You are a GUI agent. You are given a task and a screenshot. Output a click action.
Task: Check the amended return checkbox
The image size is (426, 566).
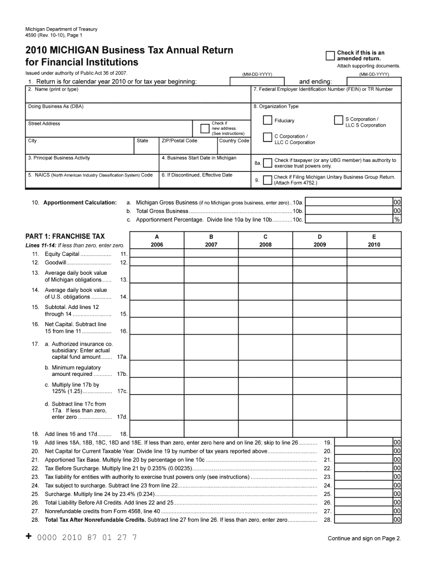[x=330, y=55]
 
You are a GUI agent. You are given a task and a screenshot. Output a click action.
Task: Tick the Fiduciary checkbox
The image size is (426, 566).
[x=268, y=120]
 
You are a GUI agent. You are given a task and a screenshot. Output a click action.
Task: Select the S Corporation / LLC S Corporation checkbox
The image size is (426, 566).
[x=339, y=120]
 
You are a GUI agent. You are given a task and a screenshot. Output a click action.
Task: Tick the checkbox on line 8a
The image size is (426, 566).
[x=268, y=163]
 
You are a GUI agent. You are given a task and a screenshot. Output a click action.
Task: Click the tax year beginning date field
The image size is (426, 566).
[x=257, y=81]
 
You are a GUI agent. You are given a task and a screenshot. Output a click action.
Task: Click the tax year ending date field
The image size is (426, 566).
[x=373, y=81]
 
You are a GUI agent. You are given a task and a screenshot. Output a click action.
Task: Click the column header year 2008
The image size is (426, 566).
[x=266, y=244]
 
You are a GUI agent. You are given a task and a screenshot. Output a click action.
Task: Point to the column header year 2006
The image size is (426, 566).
[x=157, y=244]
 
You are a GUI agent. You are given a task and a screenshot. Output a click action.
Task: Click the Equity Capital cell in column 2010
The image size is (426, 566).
[x=374, y=254]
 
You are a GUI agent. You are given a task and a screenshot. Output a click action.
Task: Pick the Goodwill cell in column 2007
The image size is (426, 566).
[x=211, y=263]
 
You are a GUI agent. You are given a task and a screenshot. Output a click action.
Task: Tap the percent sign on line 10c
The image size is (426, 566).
[x=397, y=219]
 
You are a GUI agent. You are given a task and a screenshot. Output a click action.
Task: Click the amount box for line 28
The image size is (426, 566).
[x=363, y=520]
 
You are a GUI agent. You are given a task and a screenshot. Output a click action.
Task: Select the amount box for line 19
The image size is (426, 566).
[x=363, y=443]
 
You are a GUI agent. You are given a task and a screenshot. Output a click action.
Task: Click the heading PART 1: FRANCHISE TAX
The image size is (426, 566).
[x=65, y=236]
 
